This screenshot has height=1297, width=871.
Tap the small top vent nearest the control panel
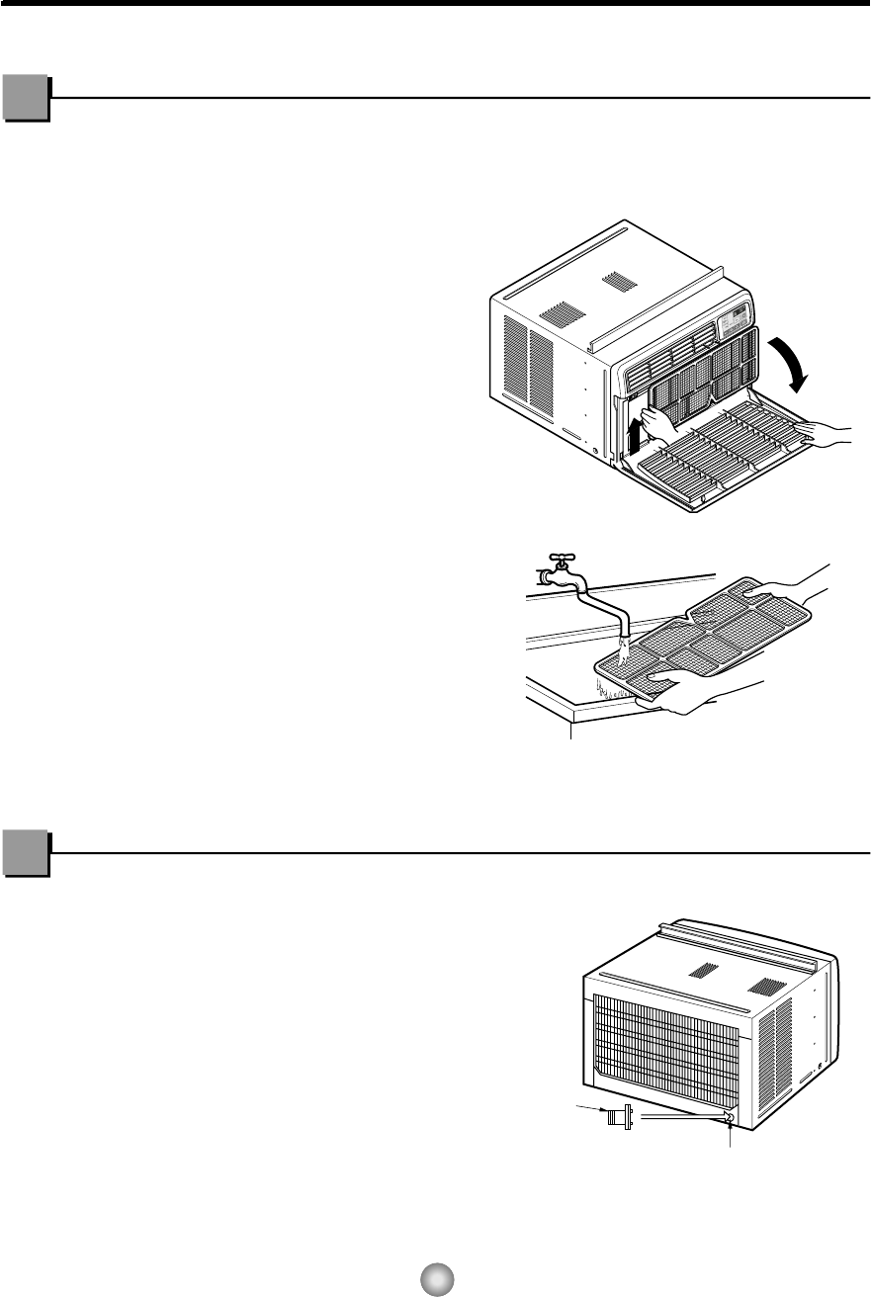tap(620, 281)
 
